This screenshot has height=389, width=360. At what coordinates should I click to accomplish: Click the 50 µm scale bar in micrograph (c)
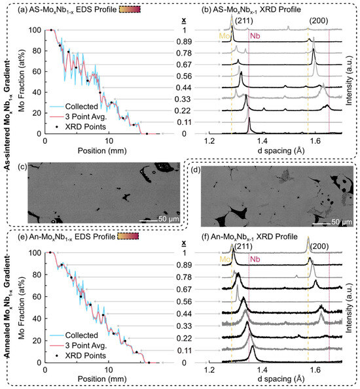tap(154, 216)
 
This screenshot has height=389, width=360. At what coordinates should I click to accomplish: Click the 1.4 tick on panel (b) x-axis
tap(262, 141)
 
